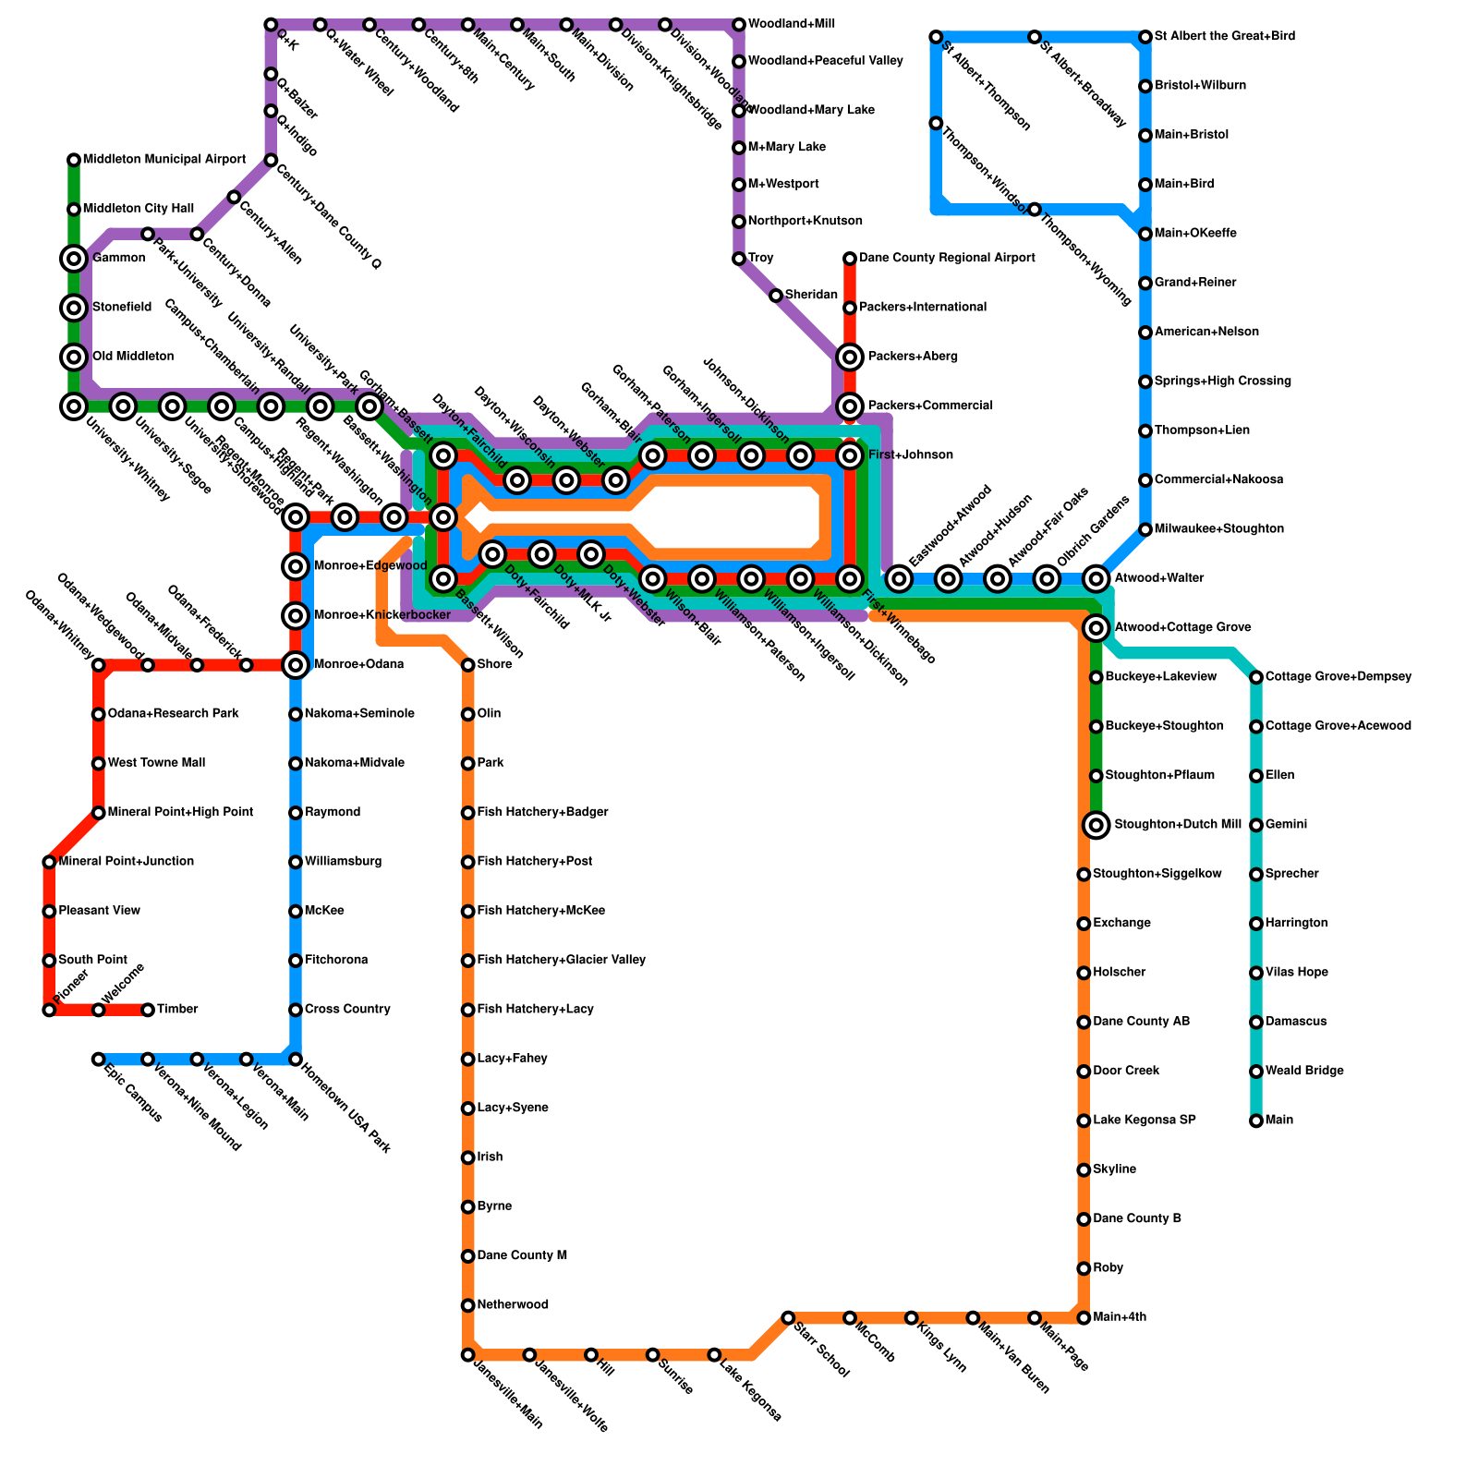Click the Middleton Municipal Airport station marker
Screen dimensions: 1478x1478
click(74, 161)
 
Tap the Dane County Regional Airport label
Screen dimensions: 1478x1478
click(946, 259)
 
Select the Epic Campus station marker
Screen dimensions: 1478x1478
click(98, 1060)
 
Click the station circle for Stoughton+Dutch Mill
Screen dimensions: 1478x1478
click(1096, 825)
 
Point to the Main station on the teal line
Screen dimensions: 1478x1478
click(1256, 1121)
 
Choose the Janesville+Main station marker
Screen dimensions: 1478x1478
click(468, 1355)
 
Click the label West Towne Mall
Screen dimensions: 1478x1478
click(156, 763)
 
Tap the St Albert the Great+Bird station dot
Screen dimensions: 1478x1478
click(1145, 37)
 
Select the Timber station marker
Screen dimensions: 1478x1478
click(148, 1010)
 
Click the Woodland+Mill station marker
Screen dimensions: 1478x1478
click(739, 24)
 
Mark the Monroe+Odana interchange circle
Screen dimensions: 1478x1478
click(296, 664)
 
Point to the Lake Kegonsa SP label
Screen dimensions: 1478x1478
click(1144, 1121)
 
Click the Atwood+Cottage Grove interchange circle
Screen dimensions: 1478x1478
click(1096, 628)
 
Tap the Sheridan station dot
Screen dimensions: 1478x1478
click(776, 296)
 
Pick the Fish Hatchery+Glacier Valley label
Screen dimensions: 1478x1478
click(561, 961)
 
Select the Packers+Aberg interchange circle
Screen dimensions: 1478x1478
click(850, 357)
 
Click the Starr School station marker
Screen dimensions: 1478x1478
click(788, 1317)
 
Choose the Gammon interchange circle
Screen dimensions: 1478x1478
click(74, 259)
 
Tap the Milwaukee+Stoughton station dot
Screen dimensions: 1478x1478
click(1145, 529)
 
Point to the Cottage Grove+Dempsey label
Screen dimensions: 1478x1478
click(1338, 677)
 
